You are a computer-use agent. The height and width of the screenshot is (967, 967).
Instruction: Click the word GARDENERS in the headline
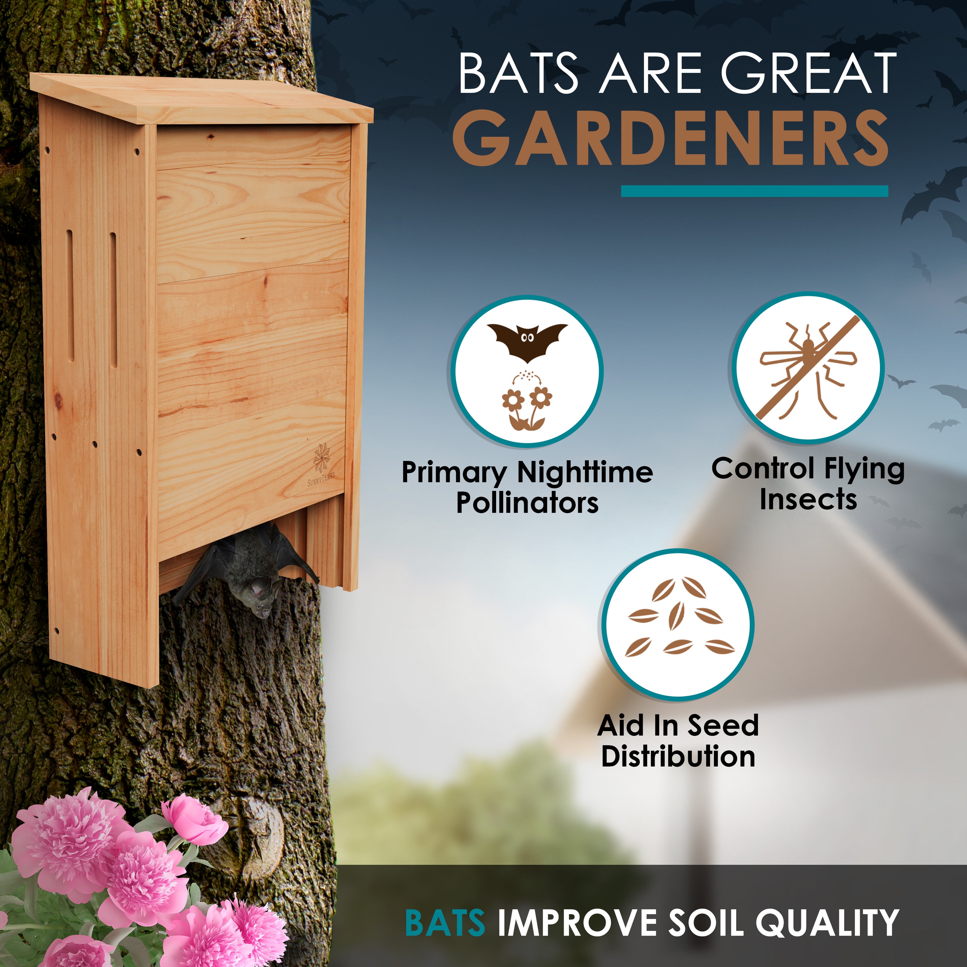(671, 138)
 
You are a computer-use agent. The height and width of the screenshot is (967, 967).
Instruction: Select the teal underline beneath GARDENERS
(754, 191)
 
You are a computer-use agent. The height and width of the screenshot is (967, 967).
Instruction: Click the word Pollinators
(527, 503)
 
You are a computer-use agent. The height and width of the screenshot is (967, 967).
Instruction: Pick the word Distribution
(678, 756)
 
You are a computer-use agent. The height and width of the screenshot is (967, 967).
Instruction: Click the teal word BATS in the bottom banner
(445, 922)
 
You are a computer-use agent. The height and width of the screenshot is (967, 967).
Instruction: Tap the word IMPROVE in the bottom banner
(576, 922)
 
